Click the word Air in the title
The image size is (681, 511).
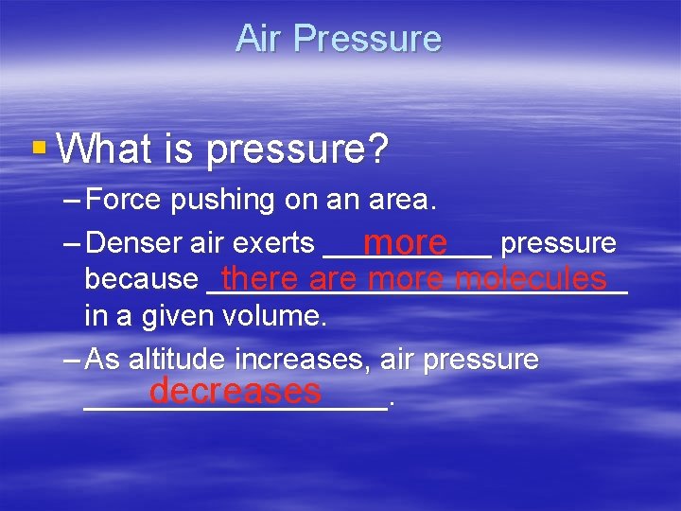point(258,39)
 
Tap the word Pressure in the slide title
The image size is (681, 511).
point(367,39)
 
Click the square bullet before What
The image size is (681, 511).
point(38,148)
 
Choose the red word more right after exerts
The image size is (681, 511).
point(405,243)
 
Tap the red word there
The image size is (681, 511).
point(260,279)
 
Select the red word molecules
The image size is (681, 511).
point(531,279)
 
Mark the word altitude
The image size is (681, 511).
point(179,360)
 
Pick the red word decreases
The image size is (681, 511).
point(235,391)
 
